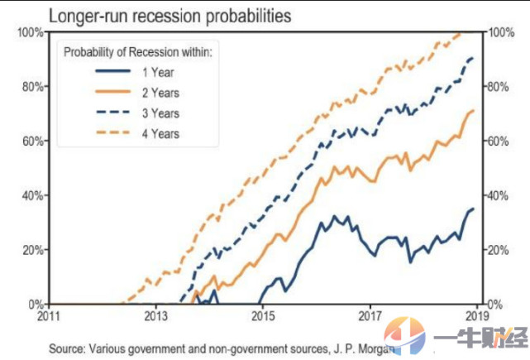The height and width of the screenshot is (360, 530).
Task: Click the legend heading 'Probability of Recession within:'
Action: (x=139, y=52)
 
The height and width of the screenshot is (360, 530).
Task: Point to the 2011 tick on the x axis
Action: (x=50, y=316)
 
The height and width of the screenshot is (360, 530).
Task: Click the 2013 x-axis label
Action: (x=156, y=316)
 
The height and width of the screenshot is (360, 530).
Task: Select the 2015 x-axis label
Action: (x=263, y=316)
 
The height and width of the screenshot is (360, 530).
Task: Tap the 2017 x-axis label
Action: (x=370, y=316)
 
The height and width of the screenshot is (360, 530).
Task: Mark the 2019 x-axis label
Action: (x=475, y=316)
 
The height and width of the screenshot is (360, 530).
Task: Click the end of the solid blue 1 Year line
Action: (x=473, y=209)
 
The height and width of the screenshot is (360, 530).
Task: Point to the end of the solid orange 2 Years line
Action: (x=473, y=111)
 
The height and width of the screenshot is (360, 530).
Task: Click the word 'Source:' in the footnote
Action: (x=66, y=348)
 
